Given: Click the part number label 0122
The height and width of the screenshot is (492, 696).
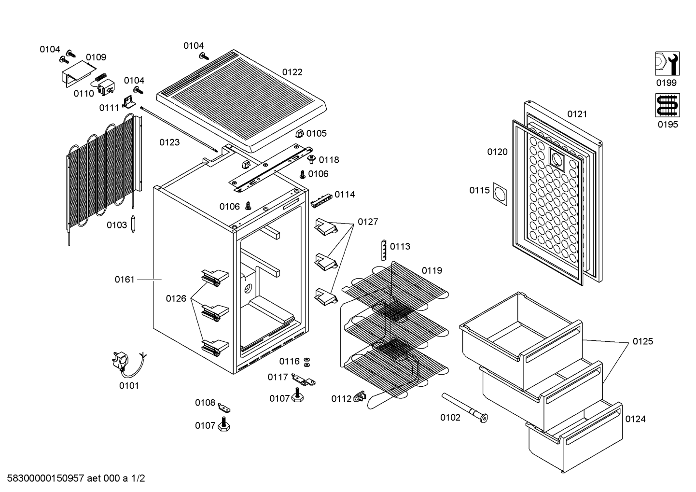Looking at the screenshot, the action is (x=292, y=72).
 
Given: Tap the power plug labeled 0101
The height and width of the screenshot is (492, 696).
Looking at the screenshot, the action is (x=121, y=362).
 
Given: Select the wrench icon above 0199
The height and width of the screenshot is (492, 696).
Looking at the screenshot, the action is (x=667, y=64).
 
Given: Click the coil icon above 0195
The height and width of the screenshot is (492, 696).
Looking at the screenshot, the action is (x=668, y=105).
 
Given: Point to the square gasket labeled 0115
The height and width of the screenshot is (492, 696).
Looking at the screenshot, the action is (x=500, y=194).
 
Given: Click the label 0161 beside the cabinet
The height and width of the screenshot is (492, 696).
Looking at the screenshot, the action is (x=125, y=280).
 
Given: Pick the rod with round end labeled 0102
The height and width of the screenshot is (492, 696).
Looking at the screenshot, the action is (x=465, y=408).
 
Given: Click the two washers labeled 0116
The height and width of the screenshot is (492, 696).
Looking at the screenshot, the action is (x=306, y=362).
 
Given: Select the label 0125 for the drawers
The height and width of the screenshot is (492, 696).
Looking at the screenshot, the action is (x=643, y=341).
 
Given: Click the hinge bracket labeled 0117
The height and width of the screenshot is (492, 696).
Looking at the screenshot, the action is (x=303, y=380).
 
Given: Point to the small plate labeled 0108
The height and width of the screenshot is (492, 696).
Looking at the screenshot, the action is (x=224, y=408).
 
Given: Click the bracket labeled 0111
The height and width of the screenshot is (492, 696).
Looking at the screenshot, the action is (x=128, y=101).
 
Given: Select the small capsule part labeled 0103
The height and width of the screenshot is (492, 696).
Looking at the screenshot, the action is (x=133, y=224).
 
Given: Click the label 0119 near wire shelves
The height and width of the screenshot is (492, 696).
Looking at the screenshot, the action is (x=432, y=271).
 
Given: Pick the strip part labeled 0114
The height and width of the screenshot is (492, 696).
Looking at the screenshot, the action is (x=321, y=201).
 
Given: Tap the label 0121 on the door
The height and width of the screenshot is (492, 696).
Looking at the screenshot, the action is (x=577, y=114).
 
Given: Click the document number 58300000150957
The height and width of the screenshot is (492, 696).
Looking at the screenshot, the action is (x=45, y=478).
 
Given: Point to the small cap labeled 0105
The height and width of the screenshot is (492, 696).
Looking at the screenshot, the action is (x=299, y=134).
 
